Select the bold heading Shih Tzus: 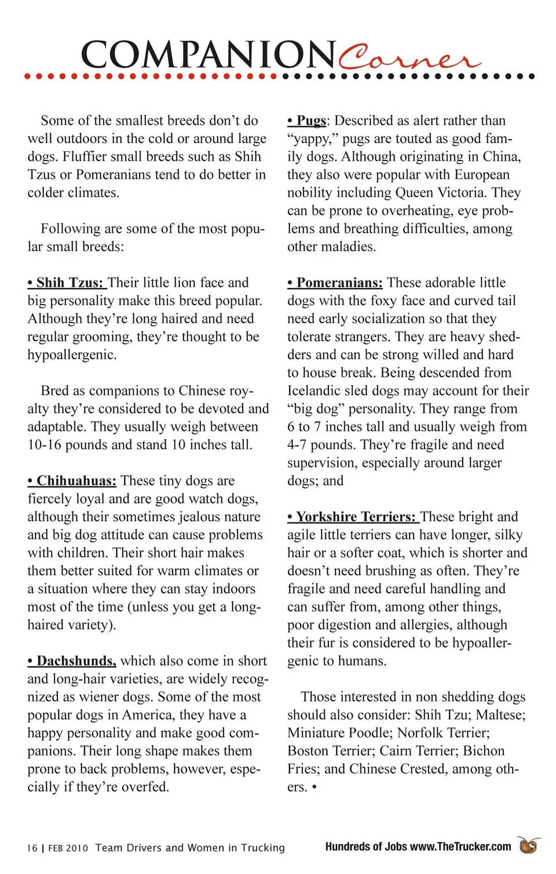[66, 283]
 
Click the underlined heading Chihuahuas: [72, 481]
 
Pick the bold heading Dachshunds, [72, 661]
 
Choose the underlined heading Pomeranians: [335, 283]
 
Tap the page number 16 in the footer [32, 848]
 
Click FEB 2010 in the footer [68, 848]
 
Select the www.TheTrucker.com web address [460, 847]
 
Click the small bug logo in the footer [528, 846]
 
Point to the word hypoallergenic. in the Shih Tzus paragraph [72, 354]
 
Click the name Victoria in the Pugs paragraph [459, 192]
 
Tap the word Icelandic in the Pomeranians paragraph [317, 390]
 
